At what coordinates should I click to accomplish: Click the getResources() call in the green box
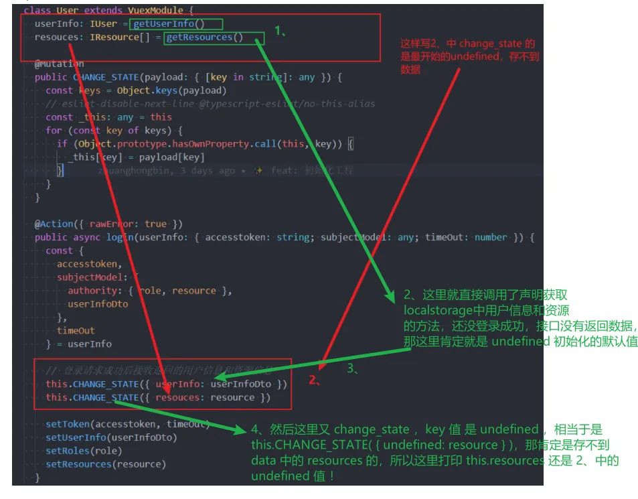(204, 38)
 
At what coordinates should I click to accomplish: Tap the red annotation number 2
(313, 381)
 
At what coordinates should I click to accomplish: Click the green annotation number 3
(352, 369)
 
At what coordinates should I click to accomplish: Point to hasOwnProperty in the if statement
(208, 144)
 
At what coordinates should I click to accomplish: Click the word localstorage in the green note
(435, 310)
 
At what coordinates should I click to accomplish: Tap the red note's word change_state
(489, 44)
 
